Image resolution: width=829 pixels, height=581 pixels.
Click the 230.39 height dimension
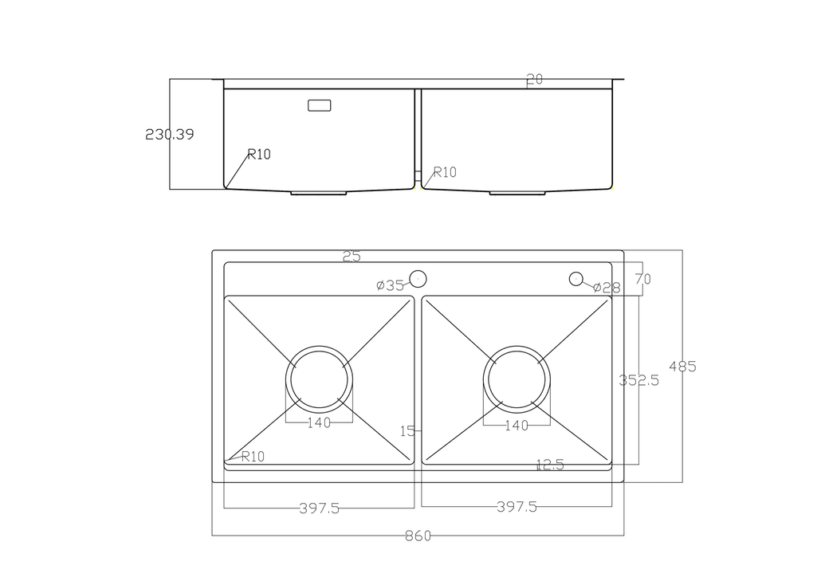tap(169, 135)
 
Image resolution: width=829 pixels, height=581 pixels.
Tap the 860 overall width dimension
tap(417, 536)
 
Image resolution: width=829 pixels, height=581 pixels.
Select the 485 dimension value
tap(682, 367)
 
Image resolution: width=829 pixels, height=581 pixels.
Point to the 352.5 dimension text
tap(639, 381)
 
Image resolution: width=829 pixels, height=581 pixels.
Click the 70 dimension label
tap(642, 279)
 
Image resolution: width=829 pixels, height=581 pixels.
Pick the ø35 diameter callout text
tap(391, 285)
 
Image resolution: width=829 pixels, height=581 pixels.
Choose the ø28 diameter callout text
tap(607, 288)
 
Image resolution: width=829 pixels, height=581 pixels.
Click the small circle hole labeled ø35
tap(418, 278)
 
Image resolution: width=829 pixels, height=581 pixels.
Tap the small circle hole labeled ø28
tap(576, 278)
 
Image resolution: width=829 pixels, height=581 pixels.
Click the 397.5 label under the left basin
tap(319, 508)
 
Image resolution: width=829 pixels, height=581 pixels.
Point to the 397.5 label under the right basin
tap(517, 507)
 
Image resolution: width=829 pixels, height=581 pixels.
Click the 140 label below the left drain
tap(319, 423)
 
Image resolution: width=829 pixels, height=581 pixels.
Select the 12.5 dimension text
tap(549, 465)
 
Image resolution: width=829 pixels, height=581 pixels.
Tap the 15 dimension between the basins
tap(407, 431)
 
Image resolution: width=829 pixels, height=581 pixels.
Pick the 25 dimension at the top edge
tap(352, 257)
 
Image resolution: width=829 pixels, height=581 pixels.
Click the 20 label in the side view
tap(534, 80)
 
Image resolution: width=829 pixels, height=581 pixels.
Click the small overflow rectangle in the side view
tap(320, 104)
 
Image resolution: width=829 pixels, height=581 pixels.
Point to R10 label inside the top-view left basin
tap(252, 457)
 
